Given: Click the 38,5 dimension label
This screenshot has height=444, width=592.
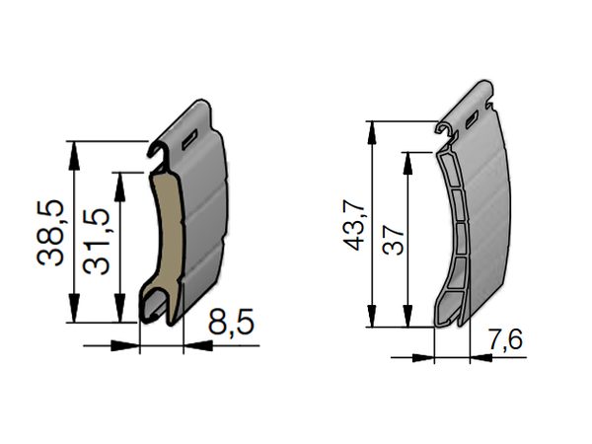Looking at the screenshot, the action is (50, 233).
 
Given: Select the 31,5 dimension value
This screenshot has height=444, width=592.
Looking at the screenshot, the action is (97, 241).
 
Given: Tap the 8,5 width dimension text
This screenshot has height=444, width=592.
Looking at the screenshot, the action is (231, 322).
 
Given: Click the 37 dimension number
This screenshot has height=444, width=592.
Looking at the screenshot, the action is (393, 240).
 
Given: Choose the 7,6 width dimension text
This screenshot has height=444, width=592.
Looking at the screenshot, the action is (505, 339).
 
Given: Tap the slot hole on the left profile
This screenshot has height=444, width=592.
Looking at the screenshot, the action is (189, 140).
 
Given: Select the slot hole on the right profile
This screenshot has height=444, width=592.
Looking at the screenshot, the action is (472, 119).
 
